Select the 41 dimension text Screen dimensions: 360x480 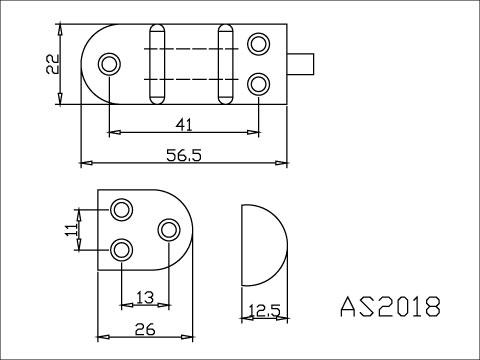(183, 124)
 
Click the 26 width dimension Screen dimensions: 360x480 (143, 327)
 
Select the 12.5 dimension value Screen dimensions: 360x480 (263, 311)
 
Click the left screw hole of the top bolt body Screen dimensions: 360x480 (109, 64)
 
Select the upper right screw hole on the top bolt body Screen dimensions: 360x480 (258, 44)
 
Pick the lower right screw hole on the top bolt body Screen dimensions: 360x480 (258, 83)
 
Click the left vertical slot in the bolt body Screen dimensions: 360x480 (156, 62)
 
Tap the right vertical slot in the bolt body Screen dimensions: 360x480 (226, 62)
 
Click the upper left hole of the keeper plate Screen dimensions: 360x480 (122, 209)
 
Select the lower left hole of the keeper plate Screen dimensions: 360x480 (122, 249)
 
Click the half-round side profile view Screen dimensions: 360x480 (261, 244)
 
